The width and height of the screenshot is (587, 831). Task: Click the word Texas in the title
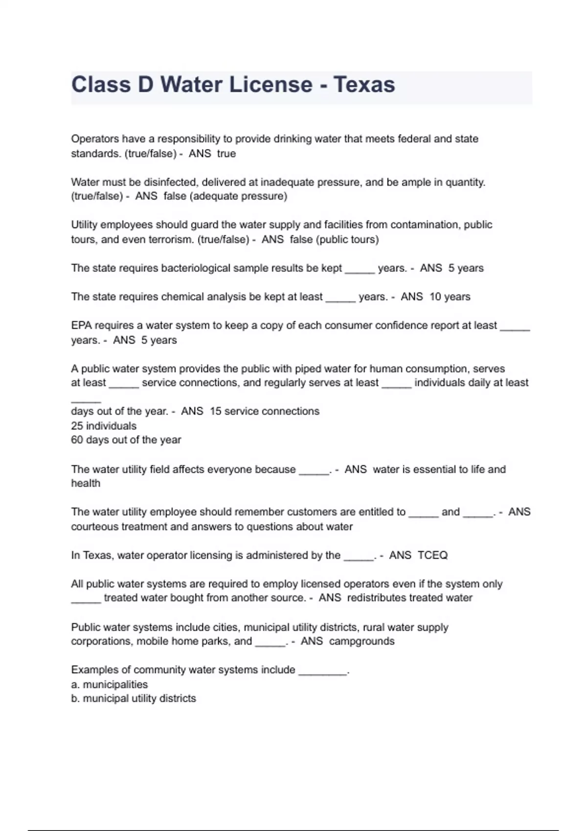tap(364, 85)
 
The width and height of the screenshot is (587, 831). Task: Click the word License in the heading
tap(271, 85)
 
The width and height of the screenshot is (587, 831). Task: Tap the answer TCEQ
tap(432, 555)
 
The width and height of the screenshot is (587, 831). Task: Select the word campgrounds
tap(361, 641)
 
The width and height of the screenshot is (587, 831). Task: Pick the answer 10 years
tap(450, 297)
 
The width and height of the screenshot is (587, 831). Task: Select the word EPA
tap(81, 326)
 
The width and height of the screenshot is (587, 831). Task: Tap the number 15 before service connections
tap(215, 412)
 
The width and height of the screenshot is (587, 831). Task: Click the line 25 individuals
tap(104, 426)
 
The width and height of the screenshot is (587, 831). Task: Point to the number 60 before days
tap(77, 440)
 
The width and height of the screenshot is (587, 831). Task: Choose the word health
tap(86, 483)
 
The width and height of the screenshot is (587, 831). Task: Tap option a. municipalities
tap(109, 684)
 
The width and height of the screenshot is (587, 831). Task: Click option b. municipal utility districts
tap(133, 699)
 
